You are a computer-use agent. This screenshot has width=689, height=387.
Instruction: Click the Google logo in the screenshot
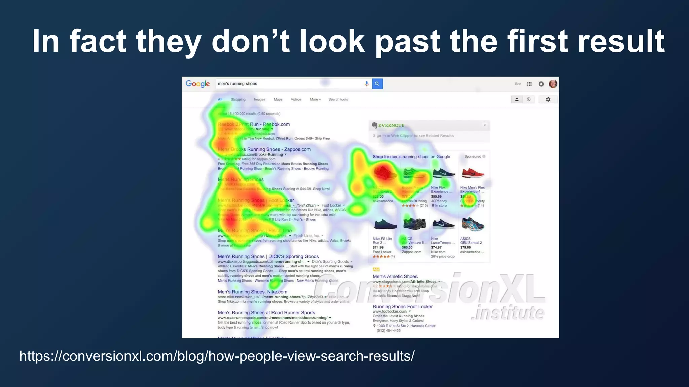pyautogui.click(x=197, y=84)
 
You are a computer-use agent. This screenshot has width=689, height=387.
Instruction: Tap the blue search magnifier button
pyautogui.click(x=377, y=84)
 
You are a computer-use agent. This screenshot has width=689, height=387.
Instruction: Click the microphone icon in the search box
pyautogui.click(x=367, y=84)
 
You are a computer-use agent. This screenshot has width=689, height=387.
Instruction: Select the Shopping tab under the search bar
pyautogui.click(x=238, y=99)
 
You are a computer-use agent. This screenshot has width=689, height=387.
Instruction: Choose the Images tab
pyautogui.click(x=259, y=99)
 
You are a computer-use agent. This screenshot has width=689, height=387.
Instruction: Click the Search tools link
pyautogui.click(x=338, y=99)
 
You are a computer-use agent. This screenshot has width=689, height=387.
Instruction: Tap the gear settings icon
pyautogui.click(x=548, y=99)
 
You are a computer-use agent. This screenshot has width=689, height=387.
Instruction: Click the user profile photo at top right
pyautogui.click(x=553, y=84)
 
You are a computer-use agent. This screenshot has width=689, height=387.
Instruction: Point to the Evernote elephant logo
pyautogui.click(x=374, y=125)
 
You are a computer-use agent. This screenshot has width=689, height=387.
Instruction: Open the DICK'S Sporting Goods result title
pyautogui.click(x=268, y=256)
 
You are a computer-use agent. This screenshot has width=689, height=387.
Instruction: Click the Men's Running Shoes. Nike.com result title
pyautogui.click(x=252, y=292)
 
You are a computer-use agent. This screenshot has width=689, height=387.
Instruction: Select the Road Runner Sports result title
pyautogui.click(x=266, y=312)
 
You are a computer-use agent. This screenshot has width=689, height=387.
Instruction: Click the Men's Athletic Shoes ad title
pyautogui.click(x=395, y=276)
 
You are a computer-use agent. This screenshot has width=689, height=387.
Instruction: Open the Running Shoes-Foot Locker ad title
pyautogui.click(x=402, y=306)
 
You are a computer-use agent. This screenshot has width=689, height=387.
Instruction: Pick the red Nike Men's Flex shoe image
pyautogui.click(x=473, y=173)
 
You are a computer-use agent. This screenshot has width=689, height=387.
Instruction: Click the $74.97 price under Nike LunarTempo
pyautogui.click(x=436, y=247)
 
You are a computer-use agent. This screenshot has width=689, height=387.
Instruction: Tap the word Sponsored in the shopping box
pyautogui.click(x=473, y=156)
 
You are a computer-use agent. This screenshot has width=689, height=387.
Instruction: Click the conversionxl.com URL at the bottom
pyautogui.click(x=217, y=356)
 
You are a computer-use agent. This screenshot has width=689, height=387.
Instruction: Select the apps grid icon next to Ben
pyautogui.click(x=529, y=84)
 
